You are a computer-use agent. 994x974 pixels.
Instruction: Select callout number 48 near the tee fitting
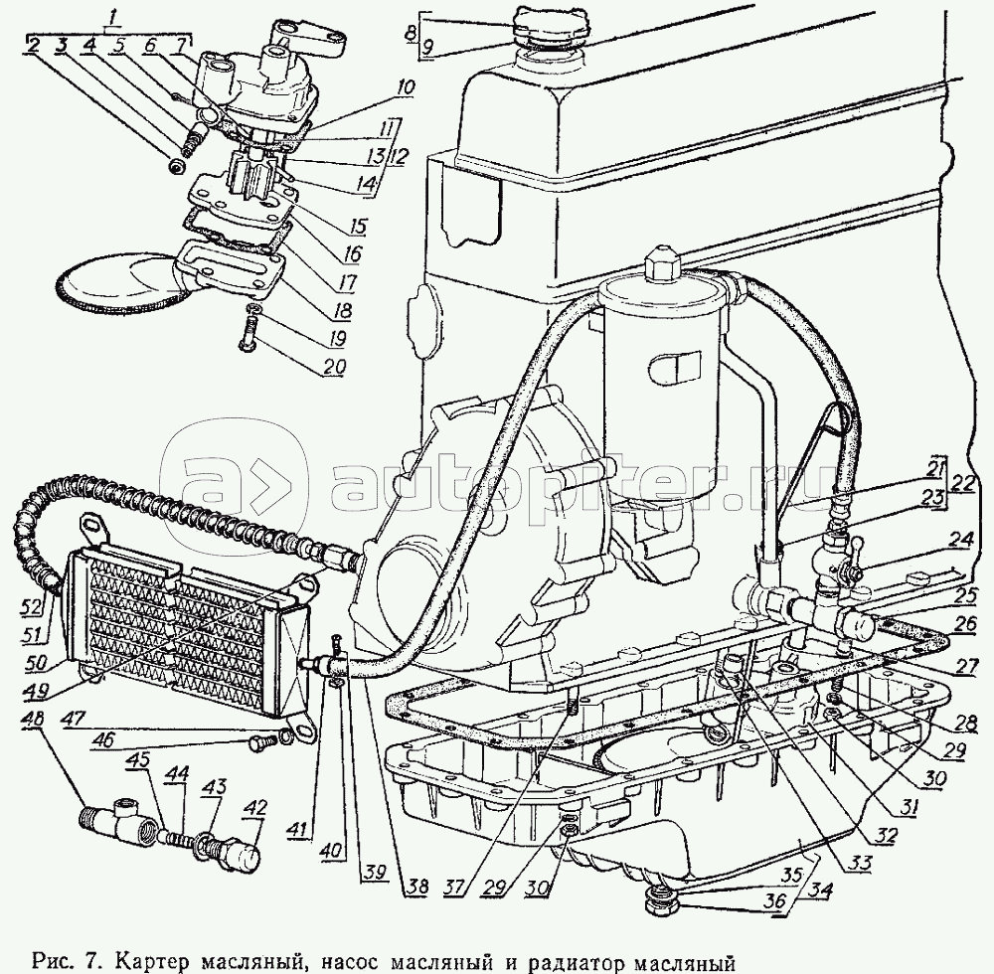pyautogui.click(x=38, y=718)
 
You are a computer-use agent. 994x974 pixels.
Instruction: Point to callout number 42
pyautogui.click(x=255, y=807)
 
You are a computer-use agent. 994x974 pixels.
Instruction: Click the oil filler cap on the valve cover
pyautogui.click(x=550, y=28)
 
